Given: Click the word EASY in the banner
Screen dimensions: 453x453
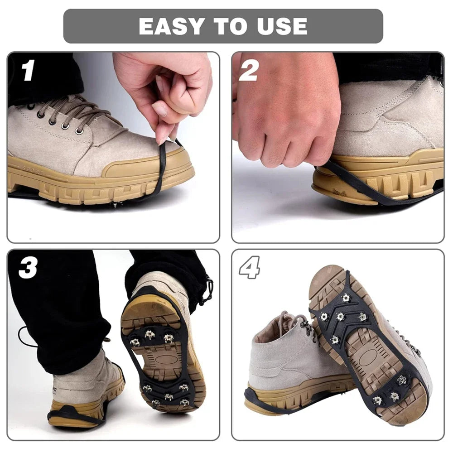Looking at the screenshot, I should coord(171,26).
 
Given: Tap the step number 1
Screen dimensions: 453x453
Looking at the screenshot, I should coord(28,71).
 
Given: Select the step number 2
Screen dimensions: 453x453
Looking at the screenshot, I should coord(248,71).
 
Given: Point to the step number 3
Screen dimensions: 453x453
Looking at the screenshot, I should coord(28,269).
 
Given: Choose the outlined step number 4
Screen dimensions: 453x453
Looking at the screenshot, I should coord(250,267).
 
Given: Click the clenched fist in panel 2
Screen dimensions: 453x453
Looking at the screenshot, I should coord(285,113).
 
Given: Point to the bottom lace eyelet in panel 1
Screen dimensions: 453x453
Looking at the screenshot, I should coord(80,132).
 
